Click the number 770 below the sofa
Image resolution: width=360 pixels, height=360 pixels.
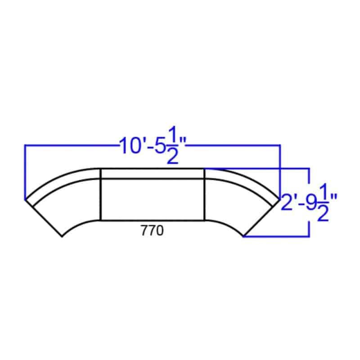pos(152,230)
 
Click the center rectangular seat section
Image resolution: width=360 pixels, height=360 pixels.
pos(153,199)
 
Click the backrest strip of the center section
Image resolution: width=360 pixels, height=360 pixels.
pos(153,174)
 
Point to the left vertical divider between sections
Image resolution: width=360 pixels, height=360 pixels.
pos(100,195)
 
